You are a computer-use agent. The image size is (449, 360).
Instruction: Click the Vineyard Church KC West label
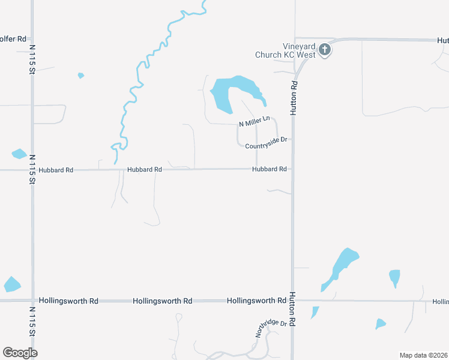299,50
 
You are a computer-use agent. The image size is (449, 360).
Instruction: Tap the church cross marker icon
325,50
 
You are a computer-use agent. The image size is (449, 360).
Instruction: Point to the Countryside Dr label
267,139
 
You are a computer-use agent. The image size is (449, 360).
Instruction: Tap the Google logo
20,352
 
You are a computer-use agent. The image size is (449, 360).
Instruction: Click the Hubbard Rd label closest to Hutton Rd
269,169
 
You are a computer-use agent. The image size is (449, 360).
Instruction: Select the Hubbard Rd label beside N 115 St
56,170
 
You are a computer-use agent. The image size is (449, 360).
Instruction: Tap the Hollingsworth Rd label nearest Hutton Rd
256,301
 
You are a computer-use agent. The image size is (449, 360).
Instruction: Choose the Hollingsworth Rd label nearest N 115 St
68,301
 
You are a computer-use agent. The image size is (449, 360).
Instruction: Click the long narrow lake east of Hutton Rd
342,267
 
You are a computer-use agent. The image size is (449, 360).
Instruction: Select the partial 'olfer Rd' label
13,39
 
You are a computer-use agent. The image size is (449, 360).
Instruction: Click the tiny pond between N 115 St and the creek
80,76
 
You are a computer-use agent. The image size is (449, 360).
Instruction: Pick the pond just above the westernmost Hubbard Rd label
19,154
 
